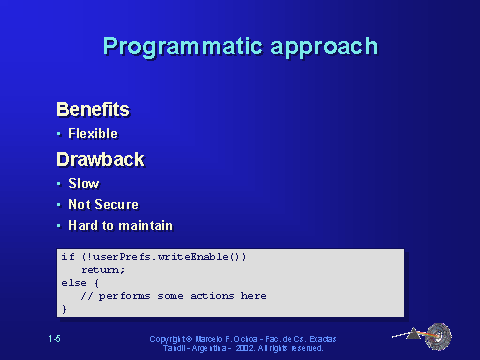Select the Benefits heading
tap(93, 108)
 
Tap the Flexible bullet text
tap(93, 133)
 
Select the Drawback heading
tap(100, 159)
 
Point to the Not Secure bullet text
tap(103, 204)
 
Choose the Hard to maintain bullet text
tap(120, 225)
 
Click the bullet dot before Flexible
tap(59, 133)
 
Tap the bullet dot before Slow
tap(59, 184)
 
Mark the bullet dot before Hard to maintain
tap(59, 225)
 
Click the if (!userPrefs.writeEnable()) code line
tap(153, 257)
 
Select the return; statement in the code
tap(103, 270)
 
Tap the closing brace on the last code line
tap(64, 309)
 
